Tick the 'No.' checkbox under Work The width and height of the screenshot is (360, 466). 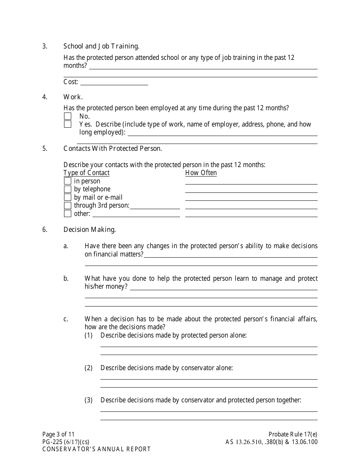pyautogui.click(x=67, y=116)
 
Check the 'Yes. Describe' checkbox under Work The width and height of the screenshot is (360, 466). pyautogui.click(x=67, y=124)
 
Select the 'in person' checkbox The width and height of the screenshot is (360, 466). pyautogui.click(x=67, y=181)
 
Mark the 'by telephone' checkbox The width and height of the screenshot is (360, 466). pyautogui.click(x=67, y=189)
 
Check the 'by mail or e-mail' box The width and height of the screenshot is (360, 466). pyautogui.click(x=67, y=197)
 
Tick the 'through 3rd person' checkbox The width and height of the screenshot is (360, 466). pyautogui.click(x=67, y=205)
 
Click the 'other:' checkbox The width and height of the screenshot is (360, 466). pyautogui.click(x=67, y=214)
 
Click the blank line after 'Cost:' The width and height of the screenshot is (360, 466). pyautogui.click(x=114, y=82)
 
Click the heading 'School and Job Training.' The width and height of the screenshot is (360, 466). pyautogui.click(x=101, y=46)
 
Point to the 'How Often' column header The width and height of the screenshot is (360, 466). pyautogui.click(x=201, y=173)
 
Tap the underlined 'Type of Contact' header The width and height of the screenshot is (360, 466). pyautogui.click(x=86, y=173)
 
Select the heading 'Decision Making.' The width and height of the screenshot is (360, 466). pyautogui.click(x=89, y=230)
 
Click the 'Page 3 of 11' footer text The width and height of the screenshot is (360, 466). pyautogui.click(x=58, y=435)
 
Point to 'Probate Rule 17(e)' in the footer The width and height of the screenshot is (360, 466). pyautogui.click(x=293, y=435)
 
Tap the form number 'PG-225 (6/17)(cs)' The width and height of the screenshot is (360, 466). pyautogui.click(x=66, y=442)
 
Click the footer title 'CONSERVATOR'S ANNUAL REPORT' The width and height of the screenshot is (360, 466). pyautogui.click(x=96, y=449)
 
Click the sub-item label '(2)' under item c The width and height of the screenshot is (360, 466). pyautogui.click(x=88, y=368)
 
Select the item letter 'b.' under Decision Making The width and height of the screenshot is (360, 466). pyautogui.click(x=66, y=278)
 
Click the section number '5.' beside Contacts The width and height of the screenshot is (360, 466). pyautogui.click(x=45, y=149)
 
